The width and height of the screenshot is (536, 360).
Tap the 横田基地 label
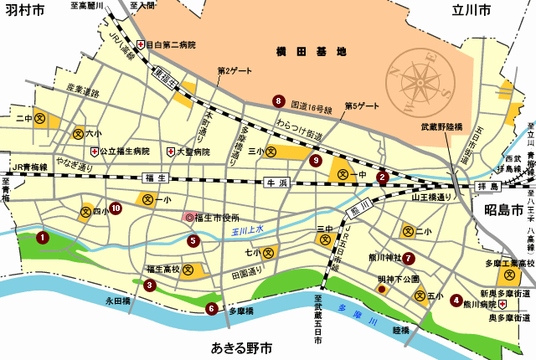[x=311, y=52]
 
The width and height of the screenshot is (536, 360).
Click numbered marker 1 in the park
[x=42, y=238]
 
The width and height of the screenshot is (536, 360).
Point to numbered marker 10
[x=116, y=208]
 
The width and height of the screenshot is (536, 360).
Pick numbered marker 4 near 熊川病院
[x=456, y=300]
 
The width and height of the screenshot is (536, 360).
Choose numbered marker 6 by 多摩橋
[x=211, y=308]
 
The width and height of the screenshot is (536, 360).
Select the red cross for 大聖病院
[x=170, y=152]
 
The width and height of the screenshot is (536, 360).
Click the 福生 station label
[x=157, y=177]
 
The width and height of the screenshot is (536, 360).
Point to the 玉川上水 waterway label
[x=247, y=229]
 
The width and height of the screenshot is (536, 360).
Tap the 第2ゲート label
[x=234, y=70]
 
